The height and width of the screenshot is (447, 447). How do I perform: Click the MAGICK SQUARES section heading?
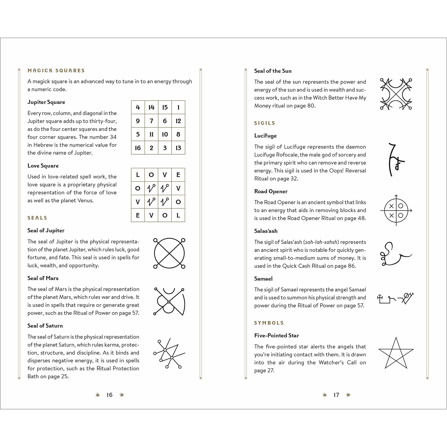pyautogui.click(x=56, y=71)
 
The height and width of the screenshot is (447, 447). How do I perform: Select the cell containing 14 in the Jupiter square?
pyautogui.click(x=151, y=107)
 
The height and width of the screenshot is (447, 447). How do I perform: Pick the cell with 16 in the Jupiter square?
pyautogui.click(x=138, y=148)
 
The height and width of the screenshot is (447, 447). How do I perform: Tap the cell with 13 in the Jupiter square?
pyautogui.click(x=178, y=148)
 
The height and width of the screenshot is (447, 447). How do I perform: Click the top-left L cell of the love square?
pyautogui.click(x=138, y=175)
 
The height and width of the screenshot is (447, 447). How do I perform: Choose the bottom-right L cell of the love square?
pyautogui.click(x=178, y=215)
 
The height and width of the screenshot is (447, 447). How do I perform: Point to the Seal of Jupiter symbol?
pyautogui.click(x=169, y=254)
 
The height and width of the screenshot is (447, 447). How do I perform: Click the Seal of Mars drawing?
pyautogui.click(x=169, y=301)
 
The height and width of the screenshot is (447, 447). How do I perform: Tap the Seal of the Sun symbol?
pyautogui.click(x=396, y=94)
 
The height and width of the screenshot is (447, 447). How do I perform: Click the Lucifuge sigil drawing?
pyautogui.click(x=395, y=160)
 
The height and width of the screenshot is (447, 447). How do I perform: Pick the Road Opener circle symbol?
pyautogui.click(x=396, y=210)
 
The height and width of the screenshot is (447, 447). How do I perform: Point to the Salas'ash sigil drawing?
pyautogui.click(x=395, y=254)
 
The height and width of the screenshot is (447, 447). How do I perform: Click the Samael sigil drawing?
pyautogui.click(x=395, y=298)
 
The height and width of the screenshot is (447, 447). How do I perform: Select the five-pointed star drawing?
pyautogui.click(x=396, y=353)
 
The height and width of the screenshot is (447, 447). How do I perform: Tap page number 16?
pyautogui.click(x=109, y=395)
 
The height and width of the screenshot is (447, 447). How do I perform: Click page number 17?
pyautogui.click(x=336, y=395)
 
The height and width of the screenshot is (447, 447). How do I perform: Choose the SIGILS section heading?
pyautogui.click(x=264, y=123)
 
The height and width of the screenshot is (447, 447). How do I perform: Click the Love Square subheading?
pyautogui.click(x=43, y=166)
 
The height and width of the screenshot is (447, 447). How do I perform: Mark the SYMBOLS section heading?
pyautogui.click(x=269, y=323)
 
